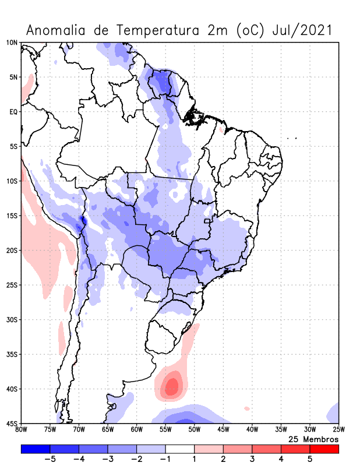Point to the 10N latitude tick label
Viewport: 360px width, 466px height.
click(x=12, y=43)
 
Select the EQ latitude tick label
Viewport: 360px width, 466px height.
click(x=13, y=111)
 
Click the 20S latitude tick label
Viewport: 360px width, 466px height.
click(x=12, y=250)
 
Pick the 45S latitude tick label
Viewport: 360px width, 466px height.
click(x=12, y=423)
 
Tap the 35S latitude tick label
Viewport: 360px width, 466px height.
click(x=12, y=354)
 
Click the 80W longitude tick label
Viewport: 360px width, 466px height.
click(x=22, y=430)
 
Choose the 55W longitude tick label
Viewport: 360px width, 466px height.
click(x=165, y=430)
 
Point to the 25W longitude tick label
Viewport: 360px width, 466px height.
click(x=338, y=430)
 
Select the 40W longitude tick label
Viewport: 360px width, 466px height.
click(x=252, y=430)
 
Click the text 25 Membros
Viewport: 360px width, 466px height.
click(x=313, y=439)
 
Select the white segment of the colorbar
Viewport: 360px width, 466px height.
click(x=180, y=449)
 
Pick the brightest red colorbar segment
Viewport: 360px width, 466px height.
click(x=324, y=449)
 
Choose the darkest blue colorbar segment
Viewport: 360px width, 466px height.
click(x=36, y=449)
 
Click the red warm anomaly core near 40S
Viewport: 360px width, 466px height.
click(x=172, y=386)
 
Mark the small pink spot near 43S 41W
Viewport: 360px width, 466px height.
click(x=247, y=408)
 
